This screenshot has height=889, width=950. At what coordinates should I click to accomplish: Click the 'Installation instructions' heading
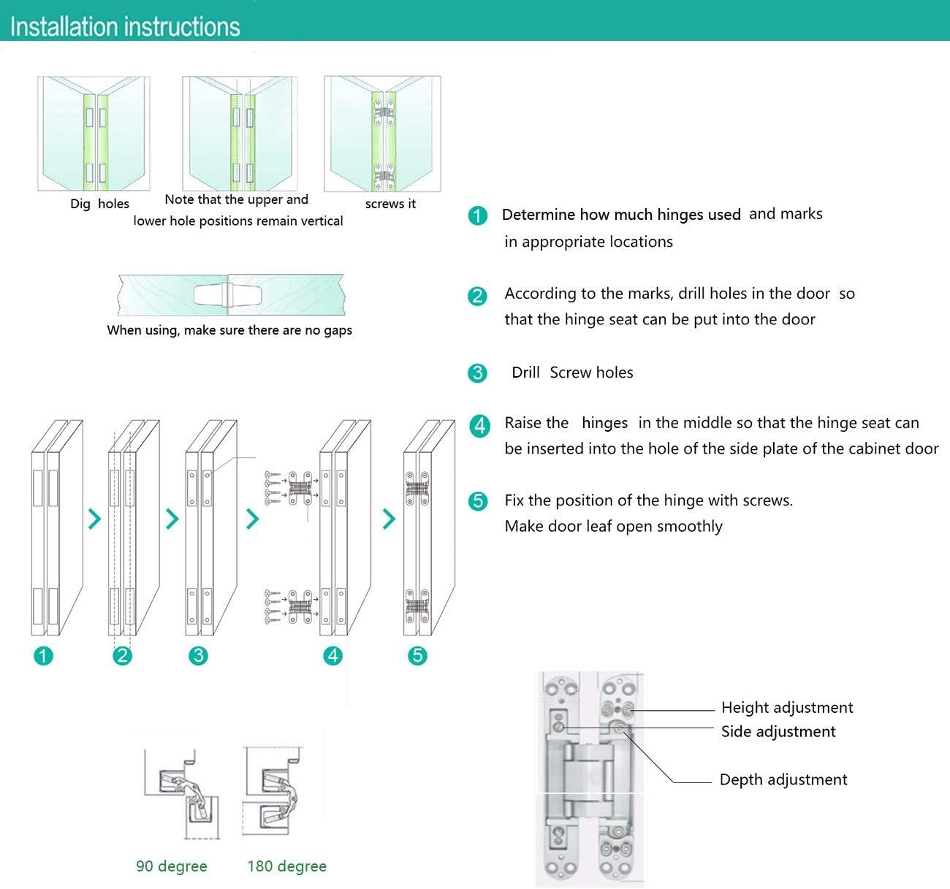click(125, 27)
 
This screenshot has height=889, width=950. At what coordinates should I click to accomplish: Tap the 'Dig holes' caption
click(99, 204)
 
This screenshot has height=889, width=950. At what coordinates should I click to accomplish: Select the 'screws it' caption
click(390, 204)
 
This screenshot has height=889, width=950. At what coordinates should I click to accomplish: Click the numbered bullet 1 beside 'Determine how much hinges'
click(478, 215)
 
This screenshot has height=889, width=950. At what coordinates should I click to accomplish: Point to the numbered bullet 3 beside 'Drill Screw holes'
click(477, 373)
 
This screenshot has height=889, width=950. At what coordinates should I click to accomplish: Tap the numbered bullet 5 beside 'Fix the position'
click(478, 501)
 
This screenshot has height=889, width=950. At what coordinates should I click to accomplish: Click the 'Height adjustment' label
click(786, 707)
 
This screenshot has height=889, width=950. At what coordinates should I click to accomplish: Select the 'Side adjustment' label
click(778, 731)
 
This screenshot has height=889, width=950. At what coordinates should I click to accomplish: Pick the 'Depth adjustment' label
click(783, 779)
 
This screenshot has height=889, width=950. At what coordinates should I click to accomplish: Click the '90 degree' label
click(172, 866)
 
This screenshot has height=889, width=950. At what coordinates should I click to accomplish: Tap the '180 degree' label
click(286, 866)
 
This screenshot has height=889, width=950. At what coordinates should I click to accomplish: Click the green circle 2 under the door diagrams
click(122, 655)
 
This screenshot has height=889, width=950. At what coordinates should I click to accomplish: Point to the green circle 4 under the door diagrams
click(333, 655)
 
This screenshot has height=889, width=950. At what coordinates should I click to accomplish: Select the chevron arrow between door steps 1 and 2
click(94, 519)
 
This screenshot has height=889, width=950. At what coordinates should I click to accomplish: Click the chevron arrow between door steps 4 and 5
click(389, 519)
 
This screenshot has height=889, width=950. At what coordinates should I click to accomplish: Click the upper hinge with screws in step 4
click(300, 487)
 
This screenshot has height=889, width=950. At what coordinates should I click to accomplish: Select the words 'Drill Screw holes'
click(572, 373)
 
